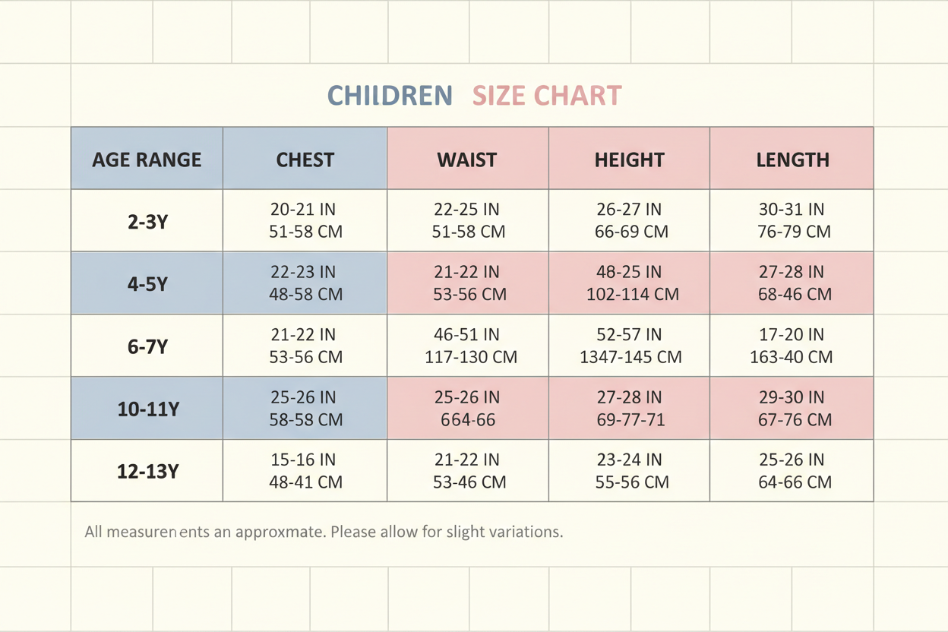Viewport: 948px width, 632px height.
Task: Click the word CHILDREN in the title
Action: pyautogui.click(x=390, y=96)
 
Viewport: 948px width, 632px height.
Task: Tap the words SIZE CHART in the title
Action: pyautogui.click(x=547, y=96)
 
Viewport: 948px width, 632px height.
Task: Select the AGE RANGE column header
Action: pyautogui.click(x=147, y=160)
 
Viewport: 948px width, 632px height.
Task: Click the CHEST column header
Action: pyautogui.click(x=305, y=160)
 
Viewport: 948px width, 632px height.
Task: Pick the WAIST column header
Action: pyautogui.click(x=467, y=160)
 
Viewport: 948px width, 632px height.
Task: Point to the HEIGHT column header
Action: pyautogui.click(x=630, y=160)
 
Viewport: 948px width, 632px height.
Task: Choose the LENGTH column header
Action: pyautogui.click(x=793, y=160)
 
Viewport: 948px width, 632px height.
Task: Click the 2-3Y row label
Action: pyautogui.click(x=147, y=222)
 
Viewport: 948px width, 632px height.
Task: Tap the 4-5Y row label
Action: pyautogui.click(x=147, y=284)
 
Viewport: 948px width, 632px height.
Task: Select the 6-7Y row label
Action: pyautogui.click(x=147, y=346)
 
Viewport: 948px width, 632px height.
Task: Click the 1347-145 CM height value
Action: pyautogui.click(x=630, y=357)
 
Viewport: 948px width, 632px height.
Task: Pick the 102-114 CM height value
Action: pyautogui.click(x=632, y=294)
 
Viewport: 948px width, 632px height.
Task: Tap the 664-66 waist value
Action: pyautogui.click(x=468, y=419)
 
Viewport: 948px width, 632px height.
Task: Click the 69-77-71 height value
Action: pyautogui.click(x=630, y=419)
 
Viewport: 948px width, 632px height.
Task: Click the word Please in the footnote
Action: pyautogui.click(x=353, y=532)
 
